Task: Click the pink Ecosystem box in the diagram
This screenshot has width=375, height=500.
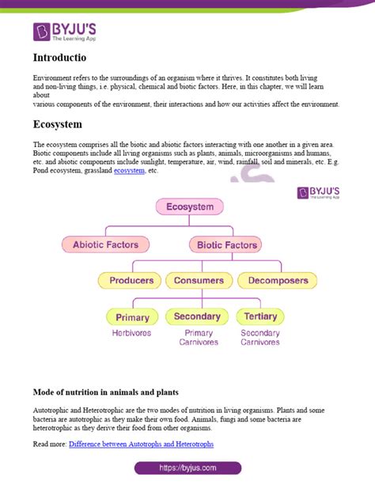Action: (x=190, y=207)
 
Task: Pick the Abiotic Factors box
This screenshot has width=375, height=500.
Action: (x=105, y=245)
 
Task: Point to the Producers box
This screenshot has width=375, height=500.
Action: (x=131, y=280)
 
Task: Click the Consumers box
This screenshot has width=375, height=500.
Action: (x=199, y=280)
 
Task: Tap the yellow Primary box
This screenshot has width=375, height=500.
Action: (x=132, y=317)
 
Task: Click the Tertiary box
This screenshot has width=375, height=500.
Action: (x=260, y=316)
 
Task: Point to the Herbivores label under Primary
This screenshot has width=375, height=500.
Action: (x=132, y=334)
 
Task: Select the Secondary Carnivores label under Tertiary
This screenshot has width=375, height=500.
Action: (x=260, y=338)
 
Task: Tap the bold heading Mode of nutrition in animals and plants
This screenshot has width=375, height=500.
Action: (x=106, y=392)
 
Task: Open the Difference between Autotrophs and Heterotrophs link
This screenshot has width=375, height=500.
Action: (x=141, y=444)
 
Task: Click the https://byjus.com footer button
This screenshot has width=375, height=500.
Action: (x=187, y=468)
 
